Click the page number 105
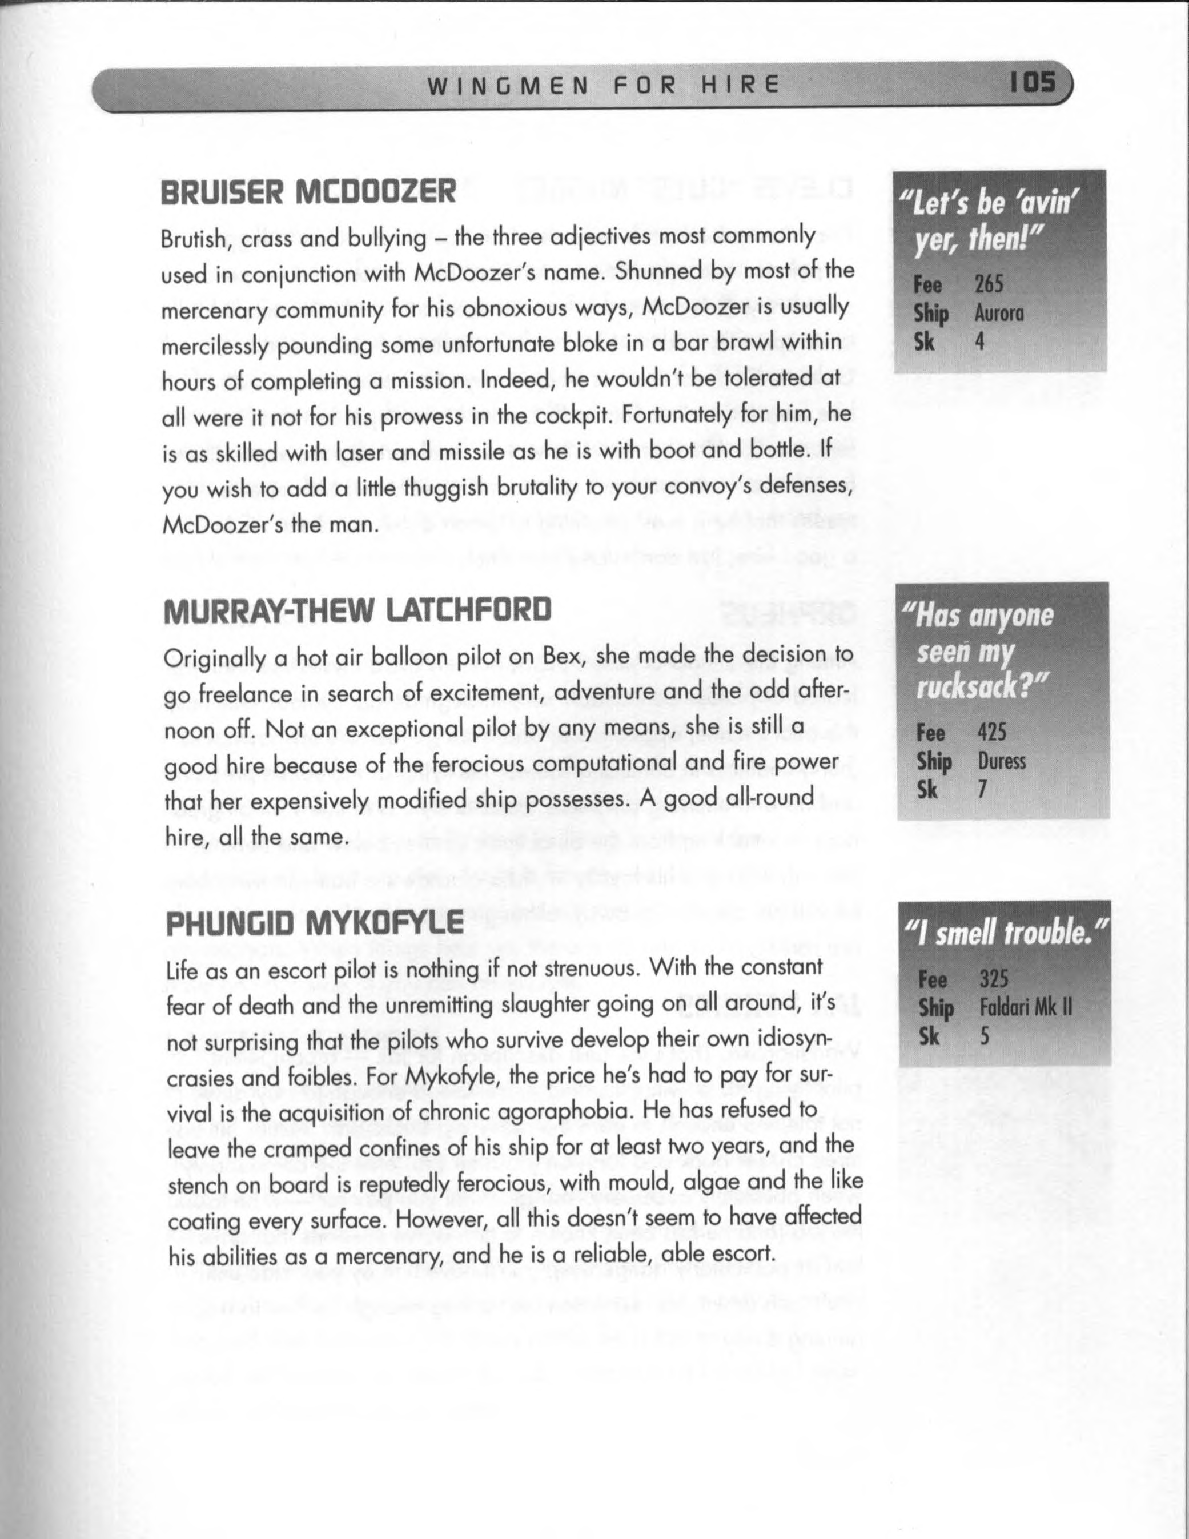click(x=1033, y=84)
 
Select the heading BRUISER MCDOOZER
click(x=307, y=192)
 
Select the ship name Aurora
click(x=998, y=314)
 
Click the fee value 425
click(x=991, y=733)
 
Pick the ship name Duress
click(x=1002, y=762)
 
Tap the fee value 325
click(x=993, y=979)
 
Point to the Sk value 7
click(x=982, y=789)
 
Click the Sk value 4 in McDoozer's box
click(x=979, y=341)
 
